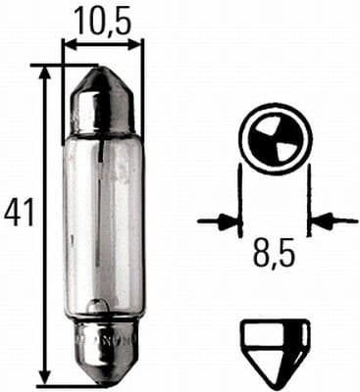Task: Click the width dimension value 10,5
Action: tap(102, 21)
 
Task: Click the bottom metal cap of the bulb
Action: tap(103, 349)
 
